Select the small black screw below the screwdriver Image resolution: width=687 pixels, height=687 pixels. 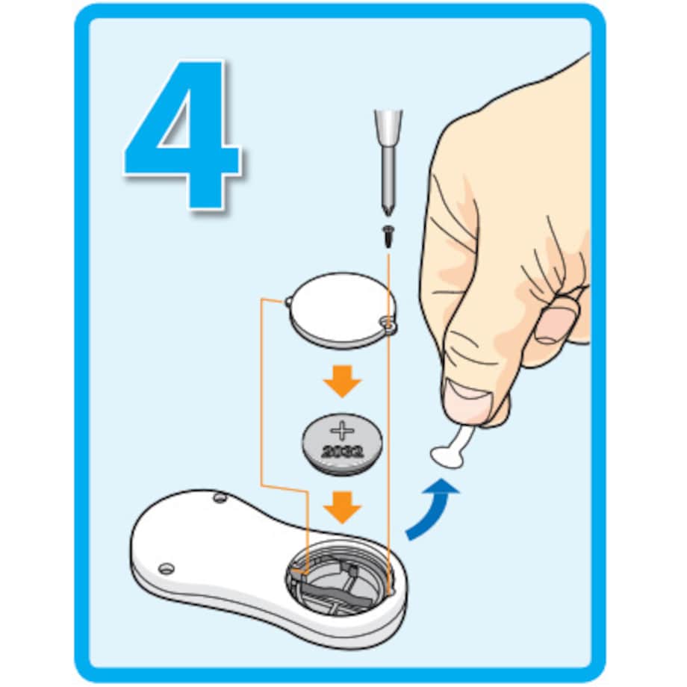click(x=388, y=236)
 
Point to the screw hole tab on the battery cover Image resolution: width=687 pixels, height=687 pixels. click(x=388, y=325)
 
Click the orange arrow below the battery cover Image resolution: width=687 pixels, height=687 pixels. click(x=342, y=381)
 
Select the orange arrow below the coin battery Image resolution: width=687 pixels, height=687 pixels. click(x=342, y=507)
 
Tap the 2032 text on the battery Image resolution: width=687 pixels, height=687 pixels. click(x=342, y=451)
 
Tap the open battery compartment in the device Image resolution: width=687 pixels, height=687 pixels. click(x=339, y=577)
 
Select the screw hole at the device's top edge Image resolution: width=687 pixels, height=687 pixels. click(x=220, y=498)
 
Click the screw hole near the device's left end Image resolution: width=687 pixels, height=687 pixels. click(x=166, y=569)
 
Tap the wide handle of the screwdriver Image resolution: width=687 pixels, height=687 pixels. click(x=388, y=128)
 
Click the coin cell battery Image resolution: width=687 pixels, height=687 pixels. click(x=342, y=444)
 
